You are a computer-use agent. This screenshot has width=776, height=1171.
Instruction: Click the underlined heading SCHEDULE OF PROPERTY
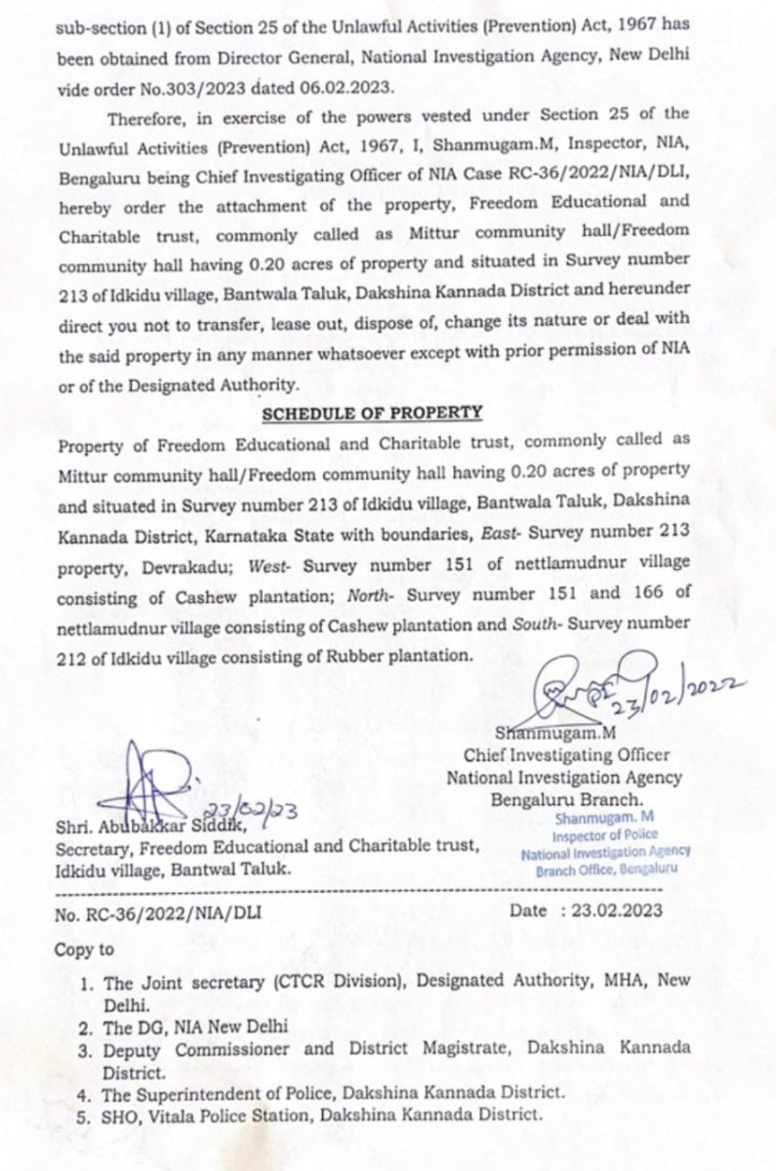(x=372, y=413)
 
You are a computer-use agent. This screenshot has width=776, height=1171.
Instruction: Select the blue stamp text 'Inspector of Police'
(x=605, y=835)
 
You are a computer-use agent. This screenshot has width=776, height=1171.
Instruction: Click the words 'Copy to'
(x=85, y=949)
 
